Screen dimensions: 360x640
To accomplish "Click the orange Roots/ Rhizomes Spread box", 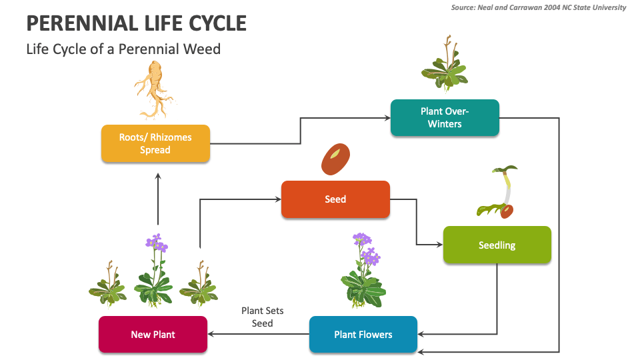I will tap(155, 143).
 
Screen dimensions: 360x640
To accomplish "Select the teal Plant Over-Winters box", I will tap(445, 117).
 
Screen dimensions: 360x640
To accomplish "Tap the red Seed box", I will tap(335, 199).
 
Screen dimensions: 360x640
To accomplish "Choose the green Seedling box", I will tap(497, 245).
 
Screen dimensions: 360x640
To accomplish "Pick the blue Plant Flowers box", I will tap(363, 334).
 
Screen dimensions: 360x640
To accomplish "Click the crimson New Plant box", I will tap(153, 334).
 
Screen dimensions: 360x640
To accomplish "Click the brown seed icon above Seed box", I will tap(335, 159).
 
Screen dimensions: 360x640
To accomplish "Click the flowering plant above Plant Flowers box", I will tap(362, 271).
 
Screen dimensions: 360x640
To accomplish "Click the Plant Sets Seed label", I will tap(257, 317).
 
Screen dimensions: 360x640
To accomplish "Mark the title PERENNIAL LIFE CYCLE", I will tap(137, 23).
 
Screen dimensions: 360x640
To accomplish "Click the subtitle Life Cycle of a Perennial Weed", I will tap(123, 49).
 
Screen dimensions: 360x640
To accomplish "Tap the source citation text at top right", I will tap(539, 7).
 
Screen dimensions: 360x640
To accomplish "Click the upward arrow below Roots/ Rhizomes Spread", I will tap(158, 200).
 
